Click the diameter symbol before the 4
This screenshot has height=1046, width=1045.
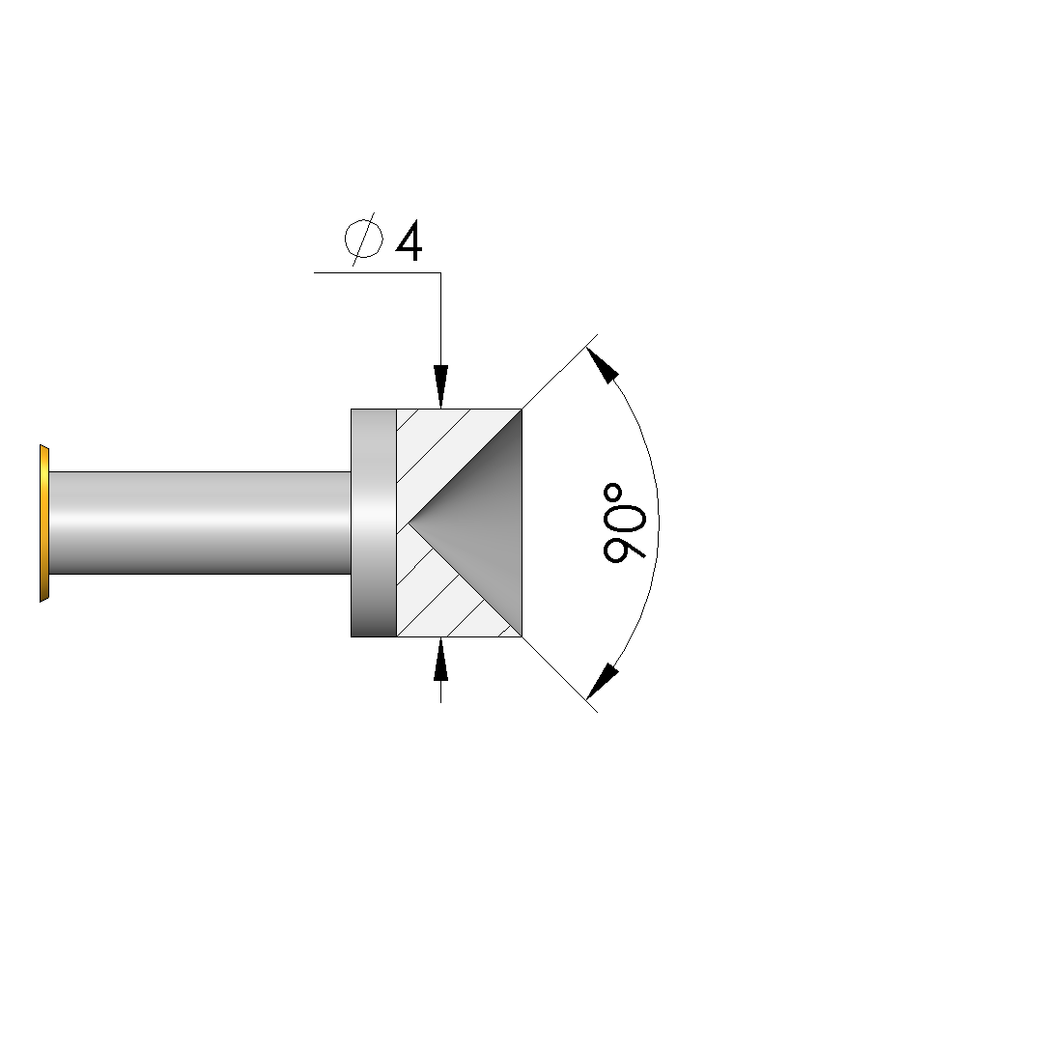point(363,239)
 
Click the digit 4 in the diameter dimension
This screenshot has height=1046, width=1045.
point(410,240)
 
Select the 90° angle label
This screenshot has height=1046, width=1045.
point(624,523)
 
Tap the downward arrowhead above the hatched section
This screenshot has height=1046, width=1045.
point(440,385)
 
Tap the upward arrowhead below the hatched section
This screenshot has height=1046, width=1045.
point(440,660)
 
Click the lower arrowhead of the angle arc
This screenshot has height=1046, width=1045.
point(603,681)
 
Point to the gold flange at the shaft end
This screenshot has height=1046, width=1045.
point(44,523)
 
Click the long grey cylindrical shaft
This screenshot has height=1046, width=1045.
point(200,523)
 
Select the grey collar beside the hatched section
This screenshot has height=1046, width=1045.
point(374,523)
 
